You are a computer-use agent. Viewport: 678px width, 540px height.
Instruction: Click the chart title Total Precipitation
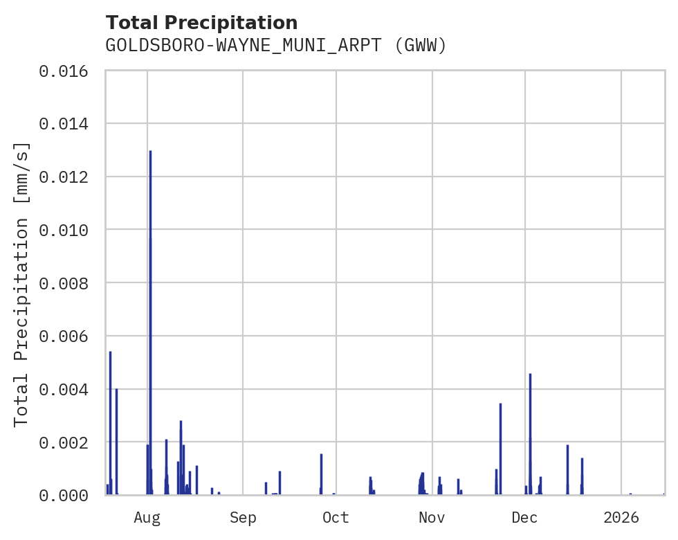(201, 22)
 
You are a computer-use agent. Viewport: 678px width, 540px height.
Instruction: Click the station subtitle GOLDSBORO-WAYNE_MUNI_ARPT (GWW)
(276, 46)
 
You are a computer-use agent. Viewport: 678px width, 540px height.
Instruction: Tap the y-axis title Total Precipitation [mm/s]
(21, 284)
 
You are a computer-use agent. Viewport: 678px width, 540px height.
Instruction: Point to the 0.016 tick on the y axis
(68, 71)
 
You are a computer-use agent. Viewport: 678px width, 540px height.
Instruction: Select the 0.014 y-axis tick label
(68, 124)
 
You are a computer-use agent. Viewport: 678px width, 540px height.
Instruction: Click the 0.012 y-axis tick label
(68, 177)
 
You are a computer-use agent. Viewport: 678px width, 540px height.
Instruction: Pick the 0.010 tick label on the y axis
(68, 230)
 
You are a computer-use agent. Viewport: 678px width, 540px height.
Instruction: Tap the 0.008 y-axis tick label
(68, 283)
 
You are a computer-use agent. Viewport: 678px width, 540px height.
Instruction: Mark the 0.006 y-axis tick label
(68, 336)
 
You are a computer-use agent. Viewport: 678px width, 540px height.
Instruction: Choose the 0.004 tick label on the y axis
(68, 389)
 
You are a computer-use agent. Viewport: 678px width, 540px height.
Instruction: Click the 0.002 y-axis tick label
(68, 442)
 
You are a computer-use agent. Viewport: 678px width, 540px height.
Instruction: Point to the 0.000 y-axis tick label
(68, 495)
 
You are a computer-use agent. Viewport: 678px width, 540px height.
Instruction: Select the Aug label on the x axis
(147, 517)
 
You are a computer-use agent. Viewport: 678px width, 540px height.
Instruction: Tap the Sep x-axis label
(243, 517)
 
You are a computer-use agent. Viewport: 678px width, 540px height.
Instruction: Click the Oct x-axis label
(336, 517)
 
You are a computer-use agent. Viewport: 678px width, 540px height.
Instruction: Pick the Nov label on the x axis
(431, 517)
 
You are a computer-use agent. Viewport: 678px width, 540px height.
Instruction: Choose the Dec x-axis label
(525, 517)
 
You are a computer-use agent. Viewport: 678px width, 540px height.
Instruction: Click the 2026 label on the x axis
(621, 517)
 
